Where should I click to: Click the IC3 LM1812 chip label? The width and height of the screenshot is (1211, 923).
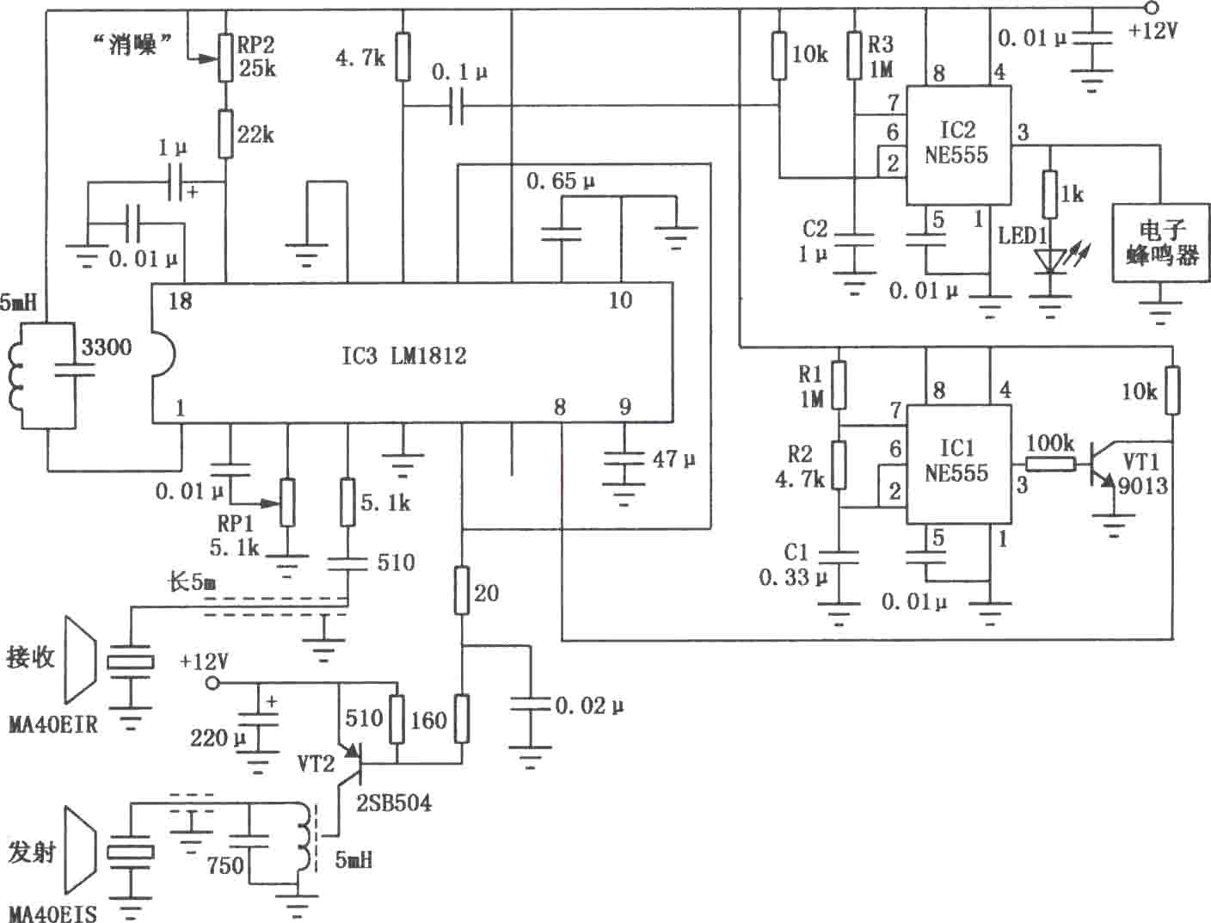(x=404, y=356)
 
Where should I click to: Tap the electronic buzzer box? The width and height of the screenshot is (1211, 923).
(x=1160, y=243)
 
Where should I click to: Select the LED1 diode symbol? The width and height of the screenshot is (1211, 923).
(x=1049, y=261)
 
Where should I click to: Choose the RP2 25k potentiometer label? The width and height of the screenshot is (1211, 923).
(x=256, y=56)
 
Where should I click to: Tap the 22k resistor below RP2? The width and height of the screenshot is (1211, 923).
(x=225, y=134)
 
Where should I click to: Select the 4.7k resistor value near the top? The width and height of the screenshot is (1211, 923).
(x=360, y=57)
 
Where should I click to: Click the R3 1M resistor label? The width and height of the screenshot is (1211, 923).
(x=881, y=57)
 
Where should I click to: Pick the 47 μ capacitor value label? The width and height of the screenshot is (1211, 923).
(x=673, y=459)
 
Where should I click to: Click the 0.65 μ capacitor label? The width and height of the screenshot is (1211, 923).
(x=560, y=181)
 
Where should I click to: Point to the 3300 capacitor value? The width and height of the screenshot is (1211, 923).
(x=107, y=347)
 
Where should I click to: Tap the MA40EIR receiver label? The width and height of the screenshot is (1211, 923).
(x=53, y=724)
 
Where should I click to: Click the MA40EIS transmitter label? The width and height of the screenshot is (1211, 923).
(x=53, y=913)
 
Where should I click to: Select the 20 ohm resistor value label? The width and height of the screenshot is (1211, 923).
(x=486, y=593)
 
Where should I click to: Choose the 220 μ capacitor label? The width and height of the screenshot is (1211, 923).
(x=218, y=738)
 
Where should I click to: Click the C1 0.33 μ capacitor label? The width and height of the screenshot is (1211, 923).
(x=793, y=564)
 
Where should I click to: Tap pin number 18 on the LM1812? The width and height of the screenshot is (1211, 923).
(x=180, y=301)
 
